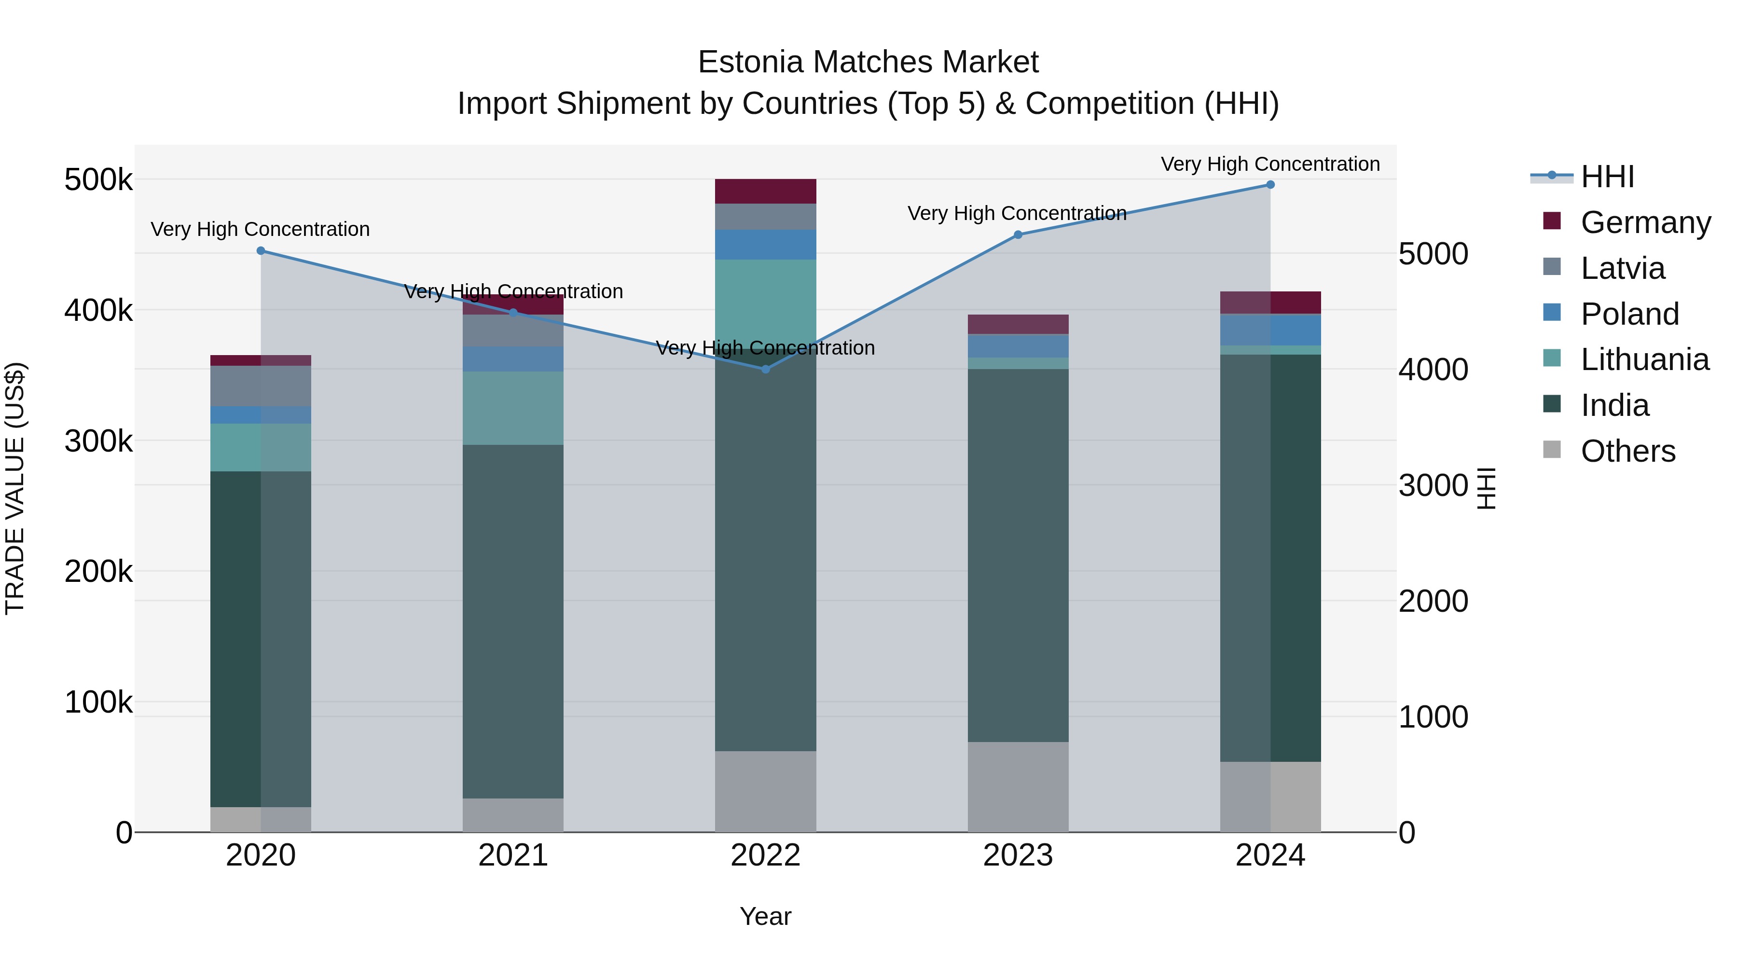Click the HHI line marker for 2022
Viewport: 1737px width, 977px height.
click(x=765, y=369)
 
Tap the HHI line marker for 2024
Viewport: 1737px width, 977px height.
click(x=1270, y=185)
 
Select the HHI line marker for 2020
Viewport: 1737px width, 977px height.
click(x=261, y=251)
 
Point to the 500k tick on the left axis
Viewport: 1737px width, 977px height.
click(x=98, y=180)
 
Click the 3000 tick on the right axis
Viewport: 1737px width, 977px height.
click(x=1433, y=485)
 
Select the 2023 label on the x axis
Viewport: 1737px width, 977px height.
click(x=1018, y=855)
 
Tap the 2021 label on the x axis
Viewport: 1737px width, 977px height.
click(x=513, y=855)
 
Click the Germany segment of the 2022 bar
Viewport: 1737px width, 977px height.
click(x=765, y=192)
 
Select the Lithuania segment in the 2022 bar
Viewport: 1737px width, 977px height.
click(x=765, y=297)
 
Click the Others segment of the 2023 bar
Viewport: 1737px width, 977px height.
click(x=1018, y=786)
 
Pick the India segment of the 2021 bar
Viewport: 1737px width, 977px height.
click(x=513, y=620)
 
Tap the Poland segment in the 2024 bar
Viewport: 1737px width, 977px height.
click(x=1270, y=330)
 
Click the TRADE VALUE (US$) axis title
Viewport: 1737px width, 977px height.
click(x=15, y=488)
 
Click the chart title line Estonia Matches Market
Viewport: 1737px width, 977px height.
click(x=868, y=62)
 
